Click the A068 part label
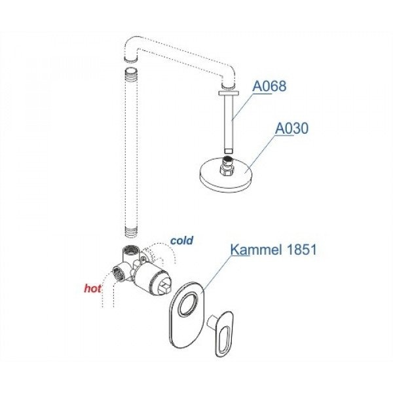(x=269, y=86)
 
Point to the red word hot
(x=92, y=286)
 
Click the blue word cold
(x=181, y=240)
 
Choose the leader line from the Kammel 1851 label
(x=216, y=275)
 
